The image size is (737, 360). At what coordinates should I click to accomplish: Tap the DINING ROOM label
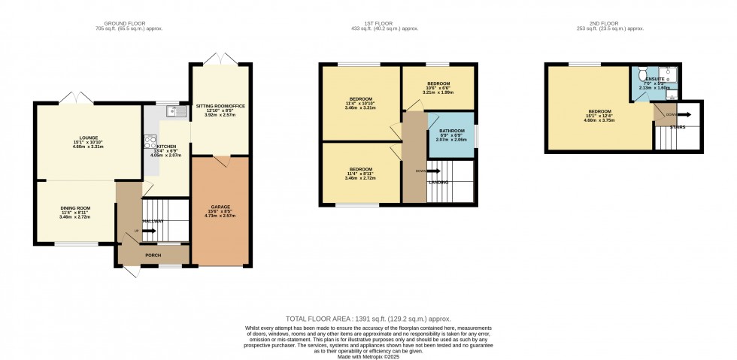[75, 207]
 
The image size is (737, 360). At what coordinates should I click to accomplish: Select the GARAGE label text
[220, 207]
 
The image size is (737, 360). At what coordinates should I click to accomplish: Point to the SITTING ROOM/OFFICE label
[220, 106]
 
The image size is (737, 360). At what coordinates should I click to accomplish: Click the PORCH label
[153, 255]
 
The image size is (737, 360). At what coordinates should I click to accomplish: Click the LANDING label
[438, 183]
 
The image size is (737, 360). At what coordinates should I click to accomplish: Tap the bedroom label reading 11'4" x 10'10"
[361, 99]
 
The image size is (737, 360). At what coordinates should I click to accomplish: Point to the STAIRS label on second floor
[678, 127]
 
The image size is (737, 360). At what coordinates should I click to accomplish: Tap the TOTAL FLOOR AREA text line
[368, 319]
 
